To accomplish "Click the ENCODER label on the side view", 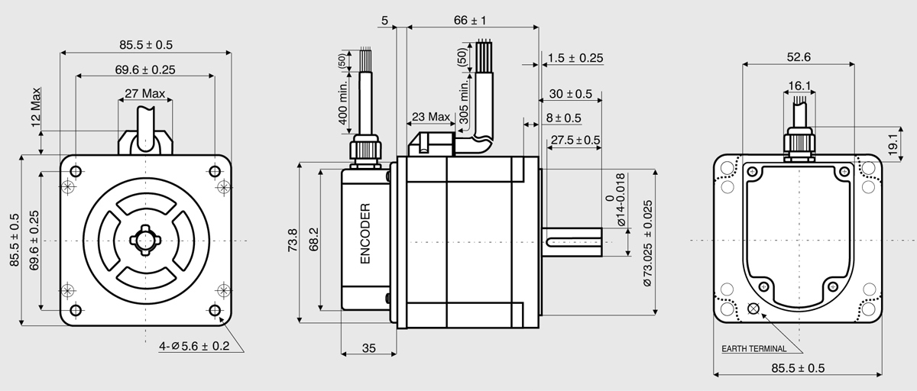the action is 365,234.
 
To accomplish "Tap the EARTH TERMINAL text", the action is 753,349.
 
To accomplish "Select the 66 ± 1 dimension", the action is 470,20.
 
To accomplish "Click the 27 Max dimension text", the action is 145,94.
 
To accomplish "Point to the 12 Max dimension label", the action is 36,107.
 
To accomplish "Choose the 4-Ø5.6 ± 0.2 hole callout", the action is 194,347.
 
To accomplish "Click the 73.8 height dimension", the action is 293,240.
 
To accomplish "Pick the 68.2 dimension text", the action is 313,240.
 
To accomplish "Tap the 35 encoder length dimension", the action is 369,348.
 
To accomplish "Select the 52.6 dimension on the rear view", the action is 799,57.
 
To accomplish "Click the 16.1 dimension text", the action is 799,86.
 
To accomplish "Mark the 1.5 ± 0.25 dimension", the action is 575,58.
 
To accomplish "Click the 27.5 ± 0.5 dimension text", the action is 575,141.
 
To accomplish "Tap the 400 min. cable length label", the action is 343,102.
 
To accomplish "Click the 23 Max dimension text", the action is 431,117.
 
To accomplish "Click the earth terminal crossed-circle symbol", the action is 753,309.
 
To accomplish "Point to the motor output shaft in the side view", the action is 572,243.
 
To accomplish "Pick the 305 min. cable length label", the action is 463,102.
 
